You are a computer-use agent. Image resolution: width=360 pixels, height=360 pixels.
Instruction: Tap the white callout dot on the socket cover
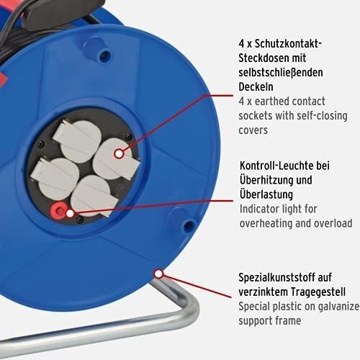pyautogui.click(x=119, y=153)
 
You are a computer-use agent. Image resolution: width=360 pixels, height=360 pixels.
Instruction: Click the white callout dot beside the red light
pyautogui.click(x=70, y=213)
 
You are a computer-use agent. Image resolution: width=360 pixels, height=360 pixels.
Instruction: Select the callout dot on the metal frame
pyautogui.click(x=158, y=274)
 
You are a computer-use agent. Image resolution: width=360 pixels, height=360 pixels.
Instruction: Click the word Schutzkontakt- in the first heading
pyautogui.click(x=288, y=44)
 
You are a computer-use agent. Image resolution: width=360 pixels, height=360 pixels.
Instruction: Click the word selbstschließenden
pyautogui.click(x=281, y=73)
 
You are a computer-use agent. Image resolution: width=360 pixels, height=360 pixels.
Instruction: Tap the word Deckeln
pyautogui.click(x=256, y=86)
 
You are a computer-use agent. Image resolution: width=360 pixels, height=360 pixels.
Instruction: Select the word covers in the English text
pyautogui.click(x=253, y=130)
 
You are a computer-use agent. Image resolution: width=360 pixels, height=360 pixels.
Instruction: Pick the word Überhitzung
pyautogui.click(x=266, y=180)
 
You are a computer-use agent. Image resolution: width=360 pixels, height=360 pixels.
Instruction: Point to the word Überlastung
pyautogui.click(x=266, y=194)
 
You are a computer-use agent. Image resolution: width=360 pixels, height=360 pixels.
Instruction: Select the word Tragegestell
pyautogui.click(x=318, y=292)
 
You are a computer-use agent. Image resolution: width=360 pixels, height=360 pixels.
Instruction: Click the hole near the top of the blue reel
pyautogui.click(x=105, y=55)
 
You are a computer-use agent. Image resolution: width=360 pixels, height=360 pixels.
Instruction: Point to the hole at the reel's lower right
pyautogui.click(x=189, y=225)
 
